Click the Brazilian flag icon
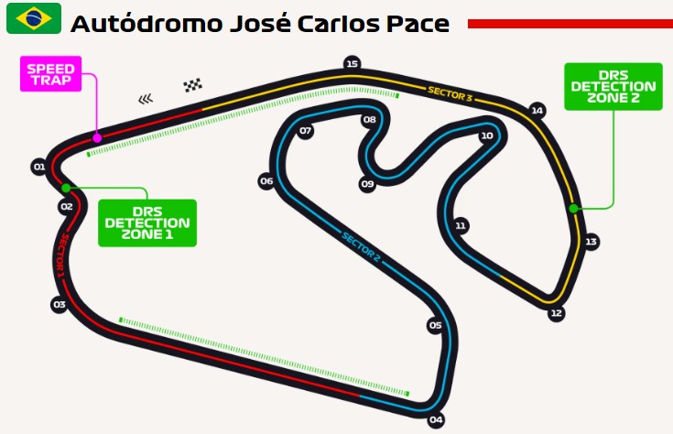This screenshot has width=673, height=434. (x=34, y=18)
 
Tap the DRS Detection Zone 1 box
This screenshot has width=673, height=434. (x=147, y=222)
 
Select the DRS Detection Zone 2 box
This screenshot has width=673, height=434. (x=613, y=86)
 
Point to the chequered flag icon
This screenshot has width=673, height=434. (x=192, y=86)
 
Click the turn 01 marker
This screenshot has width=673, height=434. (x=38, y=167)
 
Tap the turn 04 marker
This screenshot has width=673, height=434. (x=436, y=420)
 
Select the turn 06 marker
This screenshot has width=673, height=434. (x=266, y=181)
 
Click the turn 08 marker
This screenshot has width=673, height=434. (x=370, y=120)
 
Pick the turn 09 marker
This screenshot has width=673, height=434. (x=367, y=184)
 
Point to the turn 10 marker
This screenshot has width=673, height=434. (x=486, y=136)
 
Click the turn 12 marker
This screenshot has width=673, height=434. (x=556, y=313)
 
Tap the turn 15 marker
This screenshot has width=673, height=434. (x=352, y=63)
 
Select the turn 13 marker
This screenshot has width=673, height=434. (x=592, y=242)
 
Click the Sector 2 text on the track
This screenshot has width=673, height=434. (x=361, y=247)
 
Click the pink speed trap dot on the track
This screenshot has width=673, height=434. (x=97, y=137)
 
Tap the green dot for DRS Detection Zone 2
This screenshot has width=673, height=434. (x=573, y=208)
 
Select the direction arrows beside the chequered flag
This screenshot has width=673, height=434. (x=147, y=97)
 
